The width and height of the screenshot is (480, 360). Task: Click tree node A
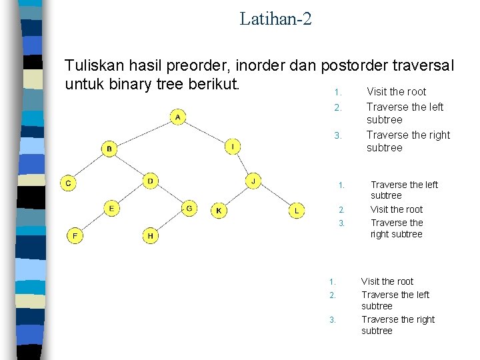click(177, 118)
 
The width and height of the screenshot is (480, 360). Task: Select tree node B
click(109, 148)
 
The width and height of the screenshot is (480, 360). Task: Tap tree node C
click(69, 183)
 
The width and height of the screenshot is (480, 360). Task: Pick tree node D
click(151, 181)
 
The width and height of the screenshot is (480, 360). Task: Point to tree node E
click(111, 209)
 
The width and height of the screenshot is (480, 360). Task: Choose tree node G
click(189, 209)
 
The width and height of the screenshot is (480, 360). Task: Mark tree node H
click(151, 235)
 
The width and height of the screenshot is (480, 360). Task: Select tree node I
click(233, 146)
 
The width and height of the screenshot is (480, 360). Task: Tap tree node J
click(253, 181)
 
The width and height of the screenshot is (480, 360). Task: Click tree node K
click(219, 211)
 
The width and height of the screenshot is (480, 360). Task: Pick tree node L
click(297, 211)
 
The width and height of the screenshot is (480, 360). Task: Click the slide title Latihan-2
click(275, 18)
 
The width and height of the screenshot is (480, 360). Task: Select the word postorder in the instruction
click(357, 66)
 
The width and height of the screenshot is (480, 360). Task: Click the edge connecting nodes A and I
click(205, 132)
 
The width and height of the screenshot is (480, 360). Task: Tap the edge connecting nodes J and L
click(275, 196)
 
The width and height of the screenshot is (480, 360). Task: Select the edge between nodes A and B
click(143, 133)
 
